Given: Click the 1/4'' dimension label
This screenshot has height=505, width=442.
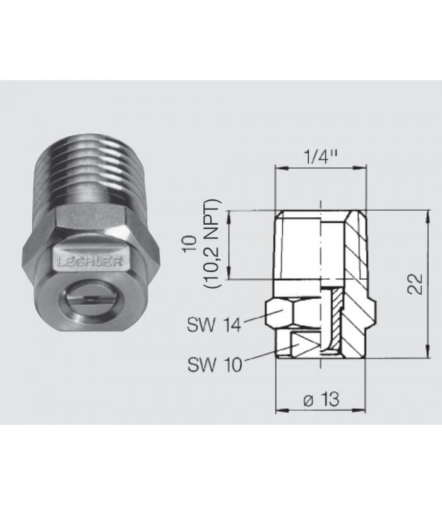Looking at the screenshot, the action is tap(321, 157).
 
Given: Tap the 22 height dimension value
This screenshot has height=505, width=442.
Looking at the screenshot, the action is tap(415, 283).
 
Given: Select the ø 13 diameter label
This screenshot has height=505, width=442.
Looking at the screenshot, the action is tap(321, 400).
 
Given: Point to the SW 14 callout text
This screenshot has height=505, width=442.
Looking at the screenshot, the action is tap(214, 324).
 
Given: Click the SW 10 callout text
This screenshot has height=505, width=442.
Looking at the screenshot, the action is tap(215, 365).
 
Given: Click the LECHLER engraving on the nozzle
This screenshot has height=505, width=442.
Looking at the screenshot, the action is tap(89, 262).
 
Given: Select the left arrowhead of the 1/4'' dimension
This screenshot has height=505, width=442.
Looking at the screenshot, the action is tap(282, 167).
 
